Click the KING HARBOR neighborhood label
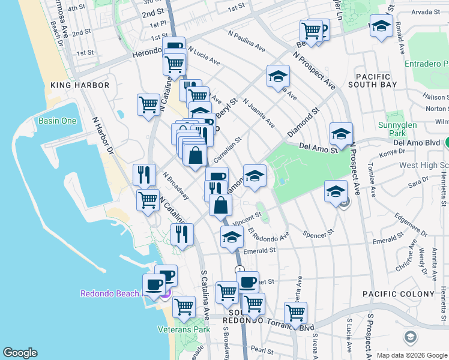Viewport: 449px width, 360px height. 80,85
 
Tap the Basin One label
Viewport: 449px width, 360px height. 58,121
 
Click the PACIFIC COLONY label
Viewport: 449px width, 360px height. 398,294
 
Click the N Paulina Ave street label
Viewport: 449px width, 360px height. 246,39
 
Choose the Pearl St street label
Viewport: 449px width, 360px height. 262,349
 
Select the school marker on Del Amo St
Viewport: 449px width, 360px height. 341,134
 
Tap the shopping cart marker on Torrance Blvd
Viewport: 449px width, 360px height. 295,313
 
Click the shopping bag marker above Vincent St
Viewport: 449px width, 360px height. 221,205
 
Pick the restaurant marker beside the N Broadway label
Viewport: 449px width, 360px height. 144,175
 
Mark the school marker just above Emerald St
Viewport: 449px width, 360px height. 232,238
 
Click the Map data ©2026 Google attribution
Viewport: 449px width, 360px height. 411,355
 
